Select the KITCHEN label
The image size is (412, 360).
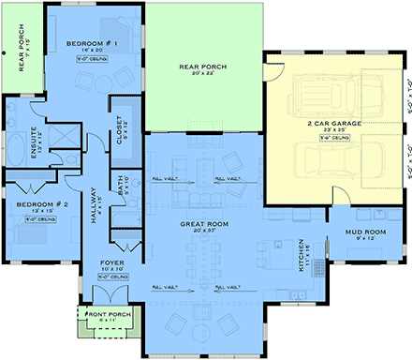(x=301, y=252)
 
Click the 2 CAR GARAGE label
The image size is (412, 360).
(x=332, y=123)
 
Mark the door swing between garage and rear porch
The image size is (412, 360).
(x=273, y=66)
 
